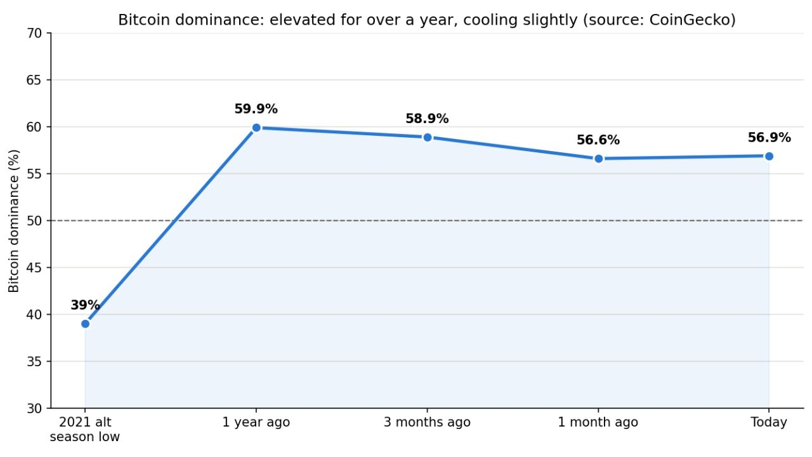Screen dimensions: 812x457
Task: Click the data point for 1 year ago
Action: (x=256, y=128)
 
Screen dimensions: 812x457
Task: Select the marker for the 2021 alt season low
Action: (x=85, y=324)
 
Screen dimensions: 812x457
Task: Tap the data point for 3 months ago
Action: (x=428, y=138)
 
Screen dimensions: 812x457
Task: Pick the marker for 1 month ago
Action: (x=598, y=159)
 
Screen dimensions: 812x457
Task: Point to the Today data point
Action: (x=769, y=156)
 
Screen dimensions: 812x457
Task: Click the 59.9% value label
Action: (x=256, y=109)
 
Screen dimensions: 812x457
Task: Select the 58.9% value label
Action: (x=427, y=119)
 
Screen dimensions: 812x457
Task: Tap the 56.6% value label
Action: (x=598, y=140)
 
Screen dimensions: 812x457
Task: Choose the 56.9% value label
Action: (x=769, y=138)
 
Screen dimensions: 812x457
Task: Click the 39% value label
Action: (x=85, y=305)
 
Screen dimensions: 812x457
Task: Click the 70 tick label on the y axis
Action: (x=34, y=34)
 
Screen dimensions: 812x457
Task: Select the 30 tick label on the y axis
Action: (x=34, y=409)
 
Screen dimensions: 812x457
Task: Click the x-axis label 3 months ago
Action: (x=427, y=423)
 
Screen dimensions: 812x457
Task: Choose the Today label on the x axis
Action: (x=769, y=423)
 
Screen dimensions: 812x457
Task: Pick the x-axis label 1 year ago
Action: (x=256, y=423)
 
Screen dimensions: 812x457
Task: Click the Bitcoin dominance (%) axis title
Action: (x=14, y=221)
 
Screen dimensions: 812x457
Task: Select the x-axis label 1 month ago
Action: (x=598, y=423)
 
